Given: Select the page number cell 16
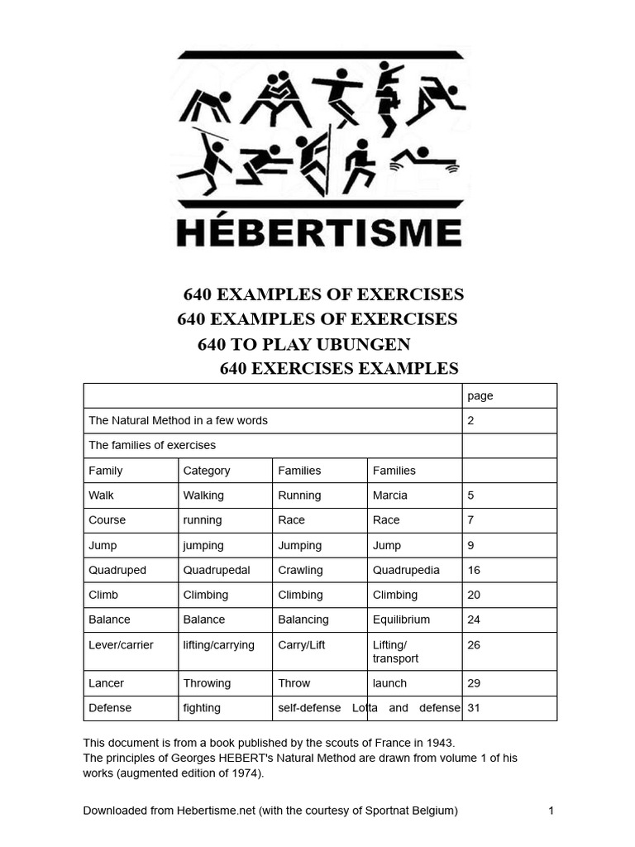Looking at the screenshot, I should (x=474, y=570).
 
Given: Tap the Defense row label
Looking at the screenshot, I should (x=110, y=708).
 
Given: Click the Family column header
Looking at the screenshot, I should (x=106, y=471).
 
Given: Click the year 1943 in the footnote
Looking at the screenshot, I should (x=441, y=743).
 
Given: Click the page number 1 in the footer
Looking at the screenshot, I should (x=551, y=811).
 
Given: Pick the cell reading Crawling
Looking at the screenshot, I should (x=300, y=570).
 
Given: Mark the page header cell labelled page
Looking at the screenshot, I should (x=480, y=396).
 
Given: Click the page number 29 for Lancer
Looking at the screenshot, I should (x=474, y=683).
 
